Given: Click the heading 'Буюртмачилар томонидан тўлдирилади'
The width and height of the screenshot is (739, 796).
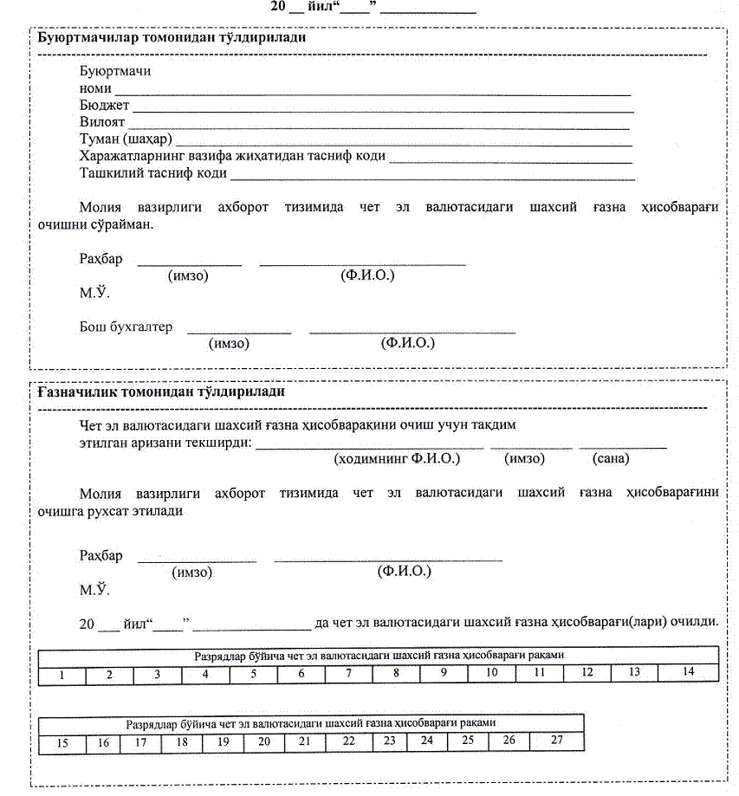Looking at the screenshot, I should (x=171, y=38).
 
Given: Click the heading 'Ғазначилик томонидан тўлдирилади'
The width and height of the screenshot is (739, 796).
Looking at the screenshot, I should (x=161, y=392).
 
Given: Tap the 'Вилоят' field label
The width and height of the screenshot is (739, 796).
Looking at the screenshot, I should (x=102, y=122).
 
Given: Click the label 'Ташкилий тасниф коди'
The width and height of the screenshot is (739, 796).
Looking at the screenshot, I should (x=152, y=172).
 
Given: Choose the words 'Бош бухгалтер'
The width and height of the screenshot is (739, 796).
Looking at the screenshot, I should (x=126, y=327).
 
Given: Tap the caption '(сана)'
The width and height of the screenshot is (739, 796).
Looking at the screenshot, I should (x=611, y=458).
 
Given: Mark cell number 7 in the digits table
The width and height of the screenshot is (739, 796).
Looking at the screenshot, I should (x=348, y=673).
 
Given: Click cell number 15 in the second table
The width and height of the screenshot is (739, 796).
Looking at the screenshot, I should (x=62, y=743).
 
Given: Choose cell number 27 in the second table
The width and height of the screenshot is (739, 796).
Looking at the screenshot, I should (x=556, y=741).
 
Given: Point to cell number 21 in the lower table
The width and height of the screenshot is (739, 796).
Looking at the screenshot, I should (x=304, y=742).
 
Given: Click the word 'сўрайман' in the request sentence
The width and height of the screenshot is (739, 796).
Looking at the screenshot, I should (x=126, y=224).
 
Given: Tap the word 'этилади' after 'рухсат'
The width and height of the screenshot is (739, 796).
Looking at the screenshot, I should (x=159, y=511).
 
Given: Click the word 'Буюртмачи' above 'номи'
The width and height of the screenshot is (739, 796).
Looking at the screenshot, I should (x=114, y=71).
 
